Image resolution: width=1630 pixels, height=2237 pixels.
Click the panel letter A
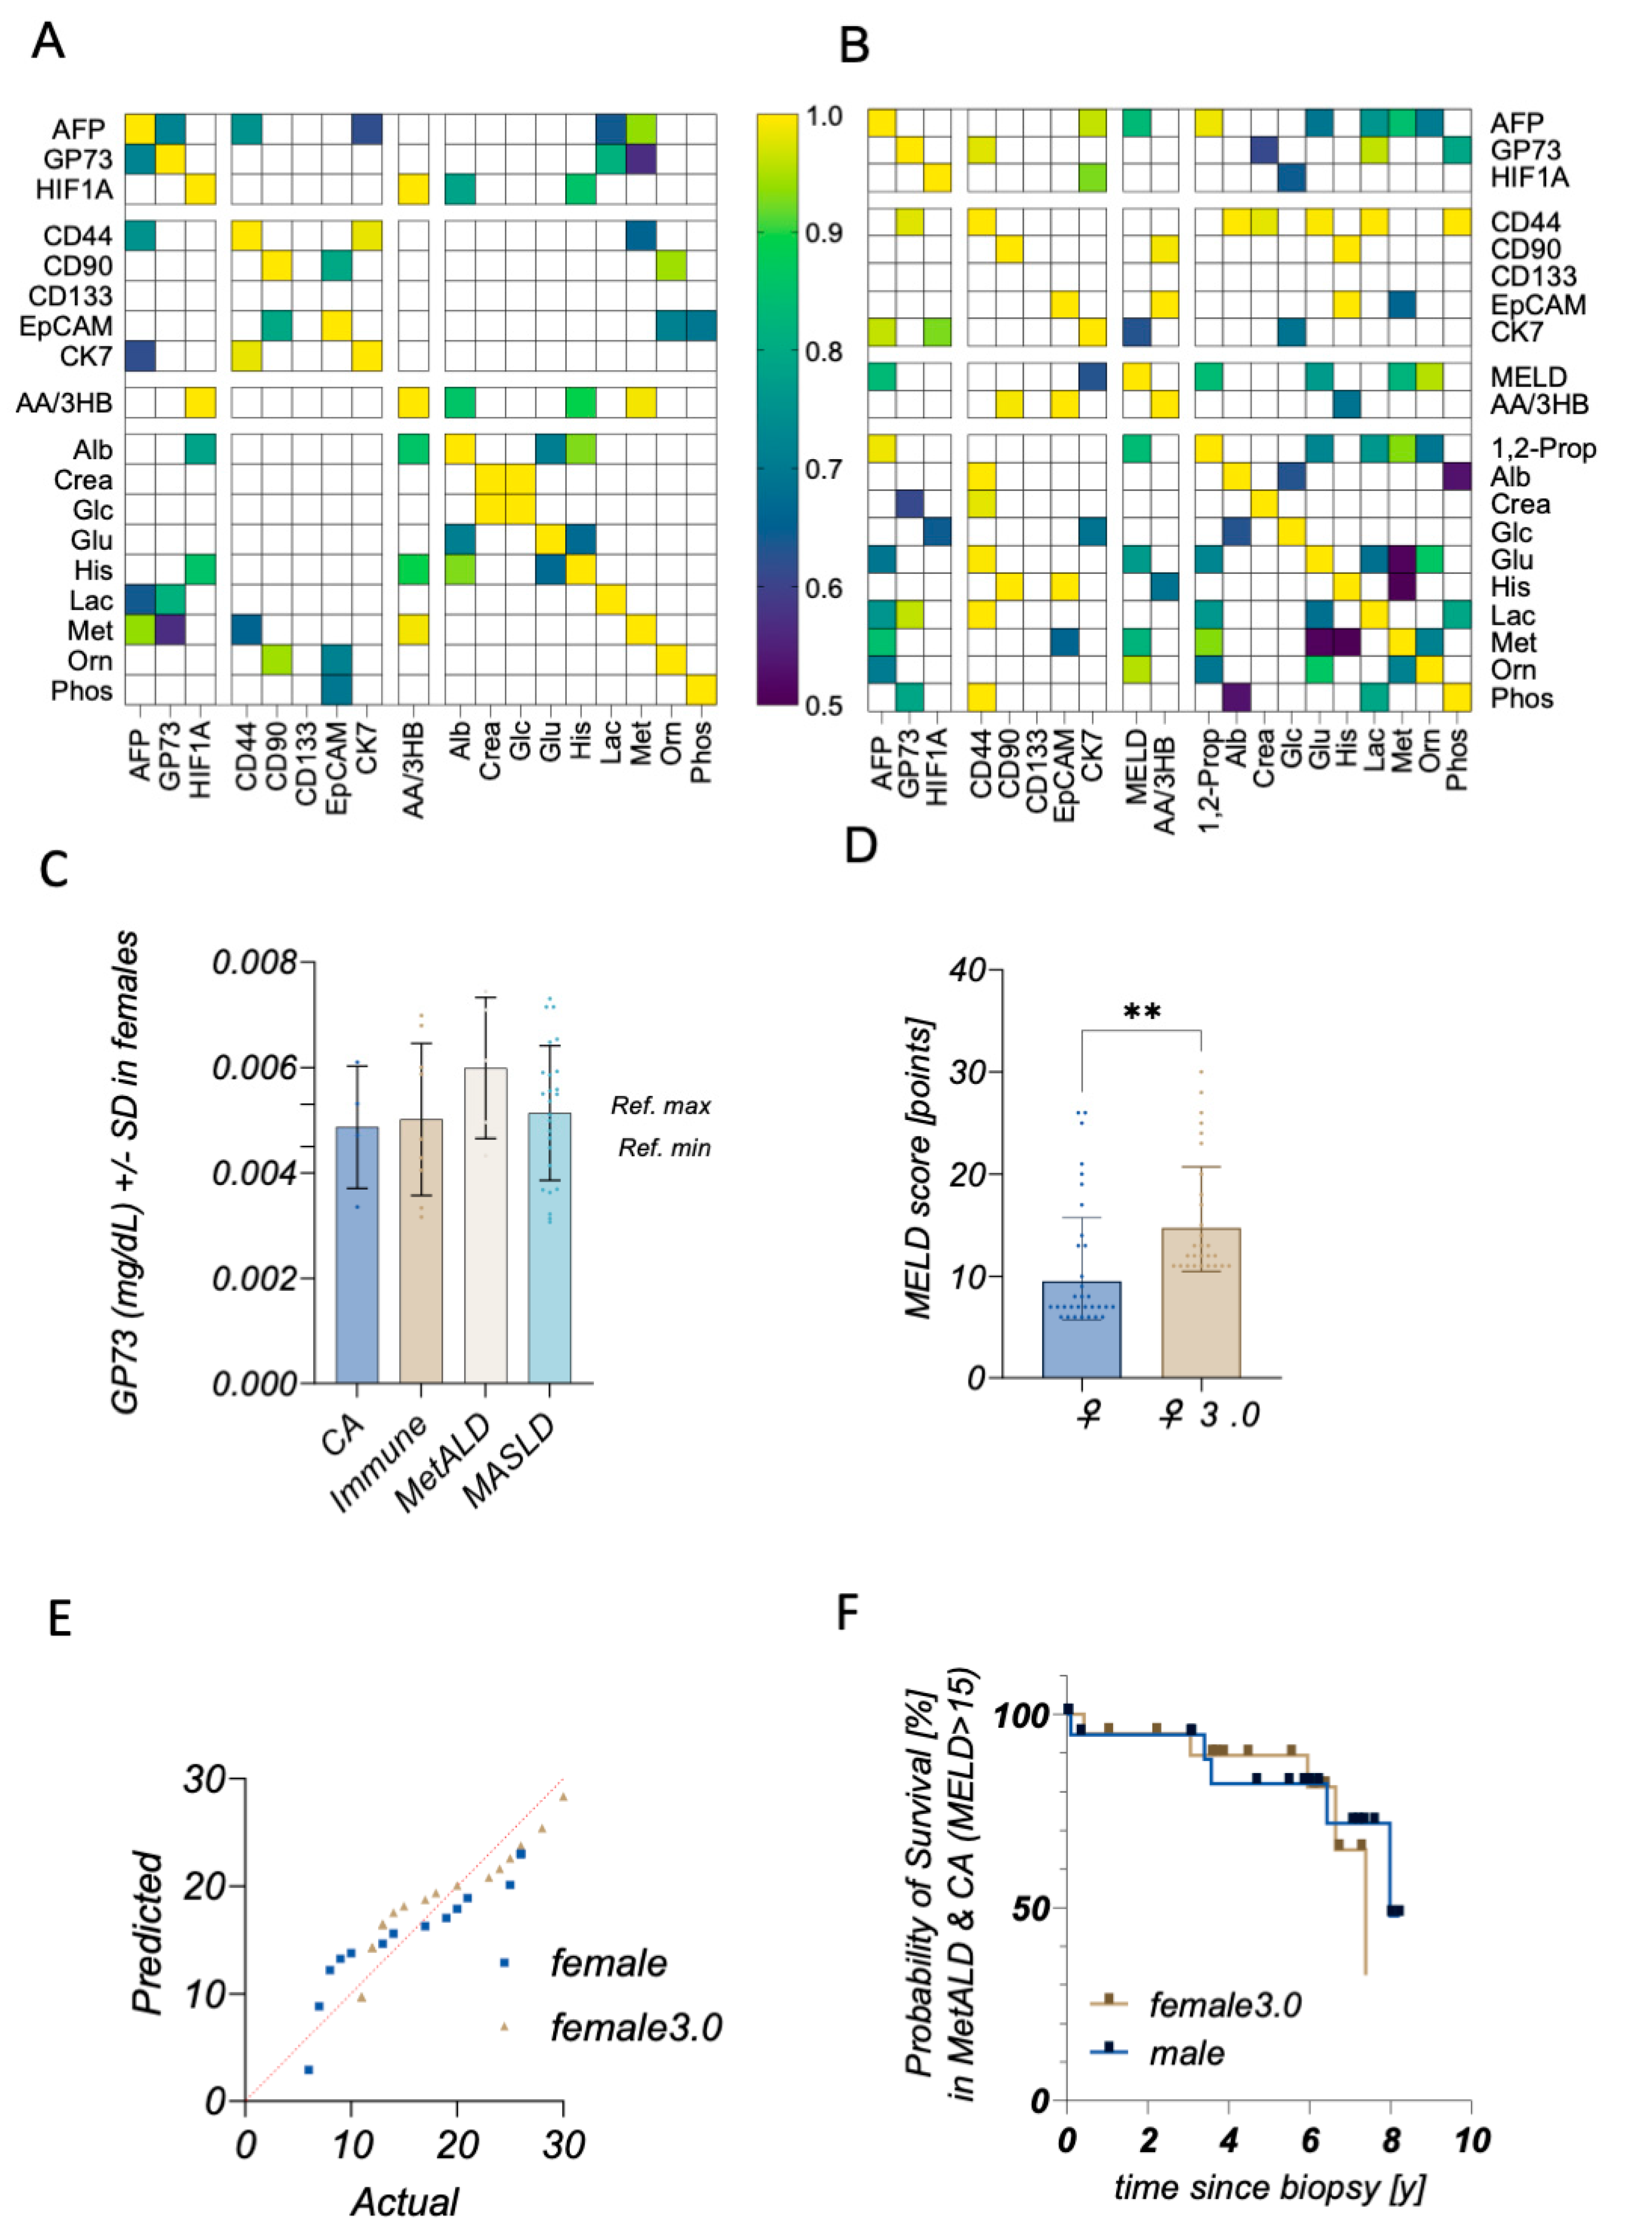[x=48, y=42]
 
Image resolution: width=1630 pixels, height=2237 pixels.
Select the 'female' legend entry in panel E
[x=607, y=1964]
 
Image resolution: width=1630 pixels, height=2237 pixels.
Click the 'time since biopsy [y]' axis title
[x=1269, y=2188]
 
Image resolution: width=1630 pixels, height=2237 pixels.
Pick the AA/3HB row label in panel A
[x=64, y=403]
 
